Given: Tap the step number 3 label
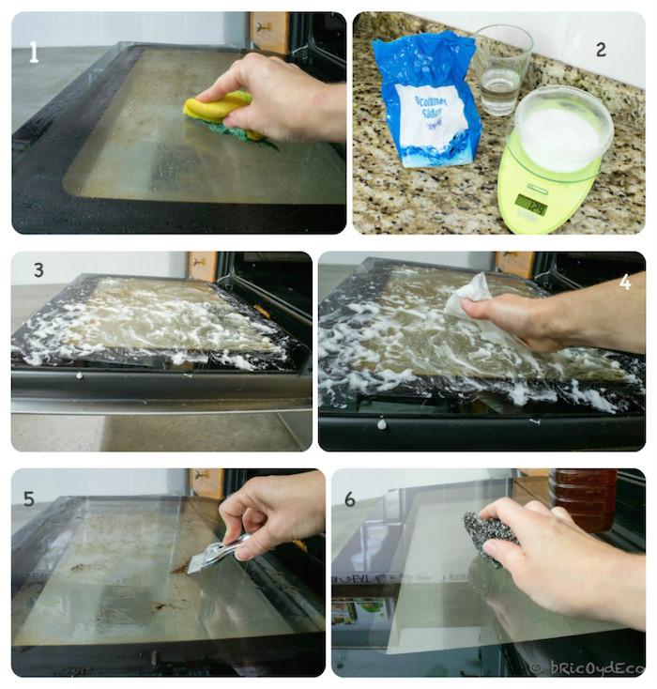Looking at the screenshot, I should tap(38, 269).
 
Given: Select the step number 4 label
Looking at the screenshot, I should tap(625, 280).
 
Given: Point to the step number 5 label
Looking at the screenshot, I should tap(29, 498).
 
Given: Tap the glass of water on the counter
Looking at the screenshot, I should tap(501, 70).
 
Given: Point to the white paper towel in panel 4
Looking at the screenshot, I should tap(469, 295).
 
